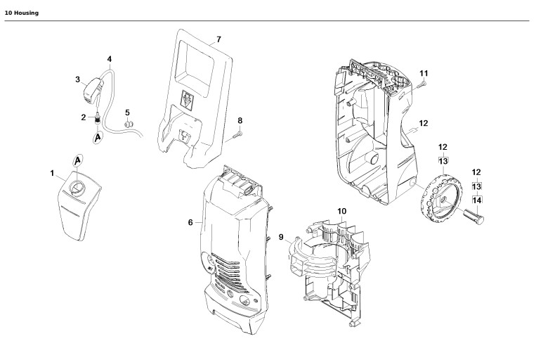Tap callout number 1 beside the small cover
[x=52, y=172]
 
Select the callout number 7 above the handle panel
[x=218, y=39]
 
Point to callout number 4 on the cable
[x=108, y=58]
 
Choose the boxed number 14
[x=476, y=200]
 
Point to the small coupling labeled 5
[x=128, y=126]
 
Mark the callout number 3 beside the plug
[x=78, y=79]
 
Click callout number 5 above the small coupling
[x=127, y=112]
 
